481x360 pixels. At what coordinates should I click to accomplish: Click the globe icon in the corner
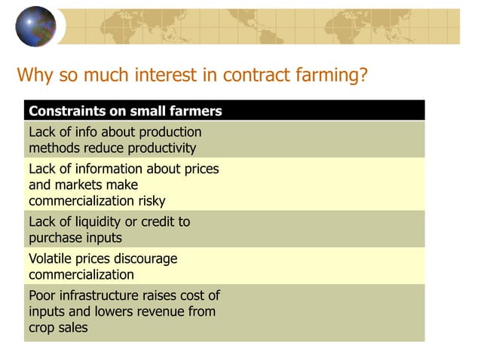(35, 26)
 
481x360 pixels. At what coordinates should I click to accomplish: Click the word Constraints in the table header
(64, 111)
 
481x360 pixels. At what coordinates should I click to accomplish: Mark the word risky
(149, 200)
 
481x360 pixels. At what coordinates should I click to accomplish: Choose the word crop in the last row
(42, 328)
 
